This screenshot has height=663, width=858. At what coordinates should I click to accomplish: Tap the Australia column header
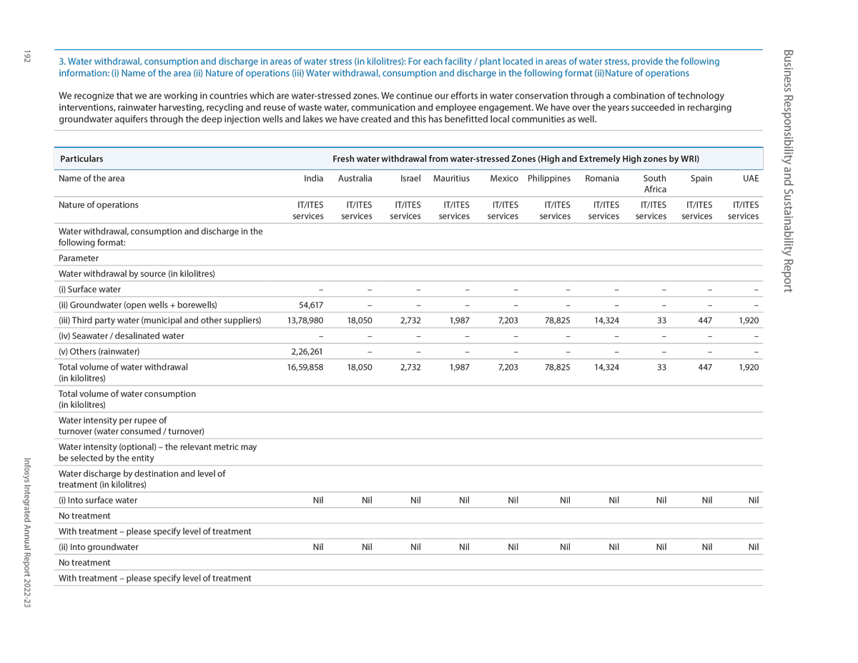tap(355, 179)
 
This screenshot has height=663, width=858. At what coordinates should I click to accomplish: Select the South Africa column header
tap(654, 184)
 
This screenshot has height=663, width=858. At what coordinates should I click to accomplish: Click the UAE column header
tap(751, 179)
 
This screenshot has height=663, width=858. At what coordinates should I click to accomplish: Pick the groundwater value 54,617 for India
tap(311, 305)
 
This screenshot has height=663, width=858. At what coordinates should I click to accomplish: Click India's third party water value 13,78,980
tap(305, 320)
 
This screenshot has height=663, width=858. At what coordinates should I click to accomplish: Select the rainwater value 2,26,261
tap(307, 351)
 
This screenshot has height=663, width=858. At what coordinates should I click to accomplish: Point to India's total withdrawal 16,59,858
tap(305, 367)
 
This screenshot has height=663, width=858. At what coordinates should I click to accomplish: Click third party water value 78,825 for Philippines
tap(557, 320)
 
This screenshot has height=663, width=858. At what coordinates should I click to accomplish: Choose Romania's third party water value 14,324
tap(606, 320)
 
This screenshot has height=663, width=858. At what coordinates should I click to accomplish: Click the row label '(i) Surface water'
tap(89, 290)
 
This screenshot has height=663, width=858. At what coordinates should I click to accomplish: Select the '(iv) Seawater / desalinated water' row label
tap(121, 336)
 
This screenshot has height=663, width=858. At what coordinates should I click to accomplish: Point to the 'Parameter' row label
tap(79, 258)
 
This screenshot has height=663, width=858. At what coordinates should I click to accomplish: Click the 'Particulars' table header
tap(82, 159)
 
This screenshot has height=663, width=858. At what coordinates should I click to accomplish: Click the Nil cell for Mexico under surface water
tap(512, 501)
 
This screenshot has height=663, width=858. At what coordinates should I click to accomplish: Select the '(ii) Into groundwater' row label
tap(99, 547)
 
